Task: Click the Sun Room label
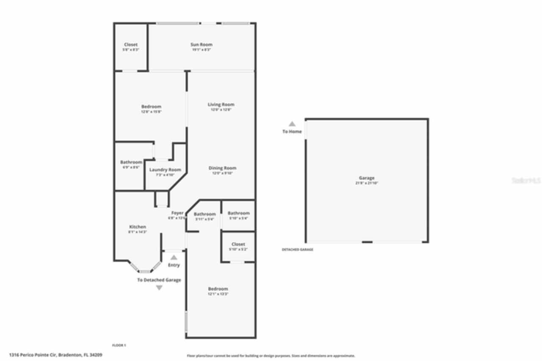tap(201, 44)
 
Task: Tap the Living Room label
tap(221, 105)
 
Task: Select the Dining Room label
tap(222, 168)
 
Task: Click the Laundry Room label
tap(165, 170)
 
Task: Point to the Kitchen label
tap(137, 227)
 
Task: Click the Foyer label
tap(177, 213)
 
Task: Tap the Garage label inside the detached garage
tap(366, 178)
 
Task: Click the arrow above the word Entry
tap(174, 257)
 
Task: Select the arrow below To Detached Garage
tap(159, 288)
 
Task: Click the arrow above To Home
tap(292, 124)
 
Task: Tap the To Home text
tap(292, 132)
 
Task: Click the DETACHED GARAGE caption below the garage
tap(297, 250)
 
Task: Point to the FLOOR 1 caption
tap(119, 345)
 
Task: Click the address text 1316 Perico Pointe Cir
tap(55, 355)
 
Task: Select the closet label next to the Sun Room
tap(130, 45)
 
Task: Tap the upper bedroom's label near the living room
tap(151, 107)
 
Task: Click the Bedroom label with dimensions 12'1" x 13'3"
tap(218, 289)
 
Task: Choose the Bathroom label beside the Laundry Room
tap(131, 162)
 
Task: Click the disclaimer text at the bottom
tap(271, 356)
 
